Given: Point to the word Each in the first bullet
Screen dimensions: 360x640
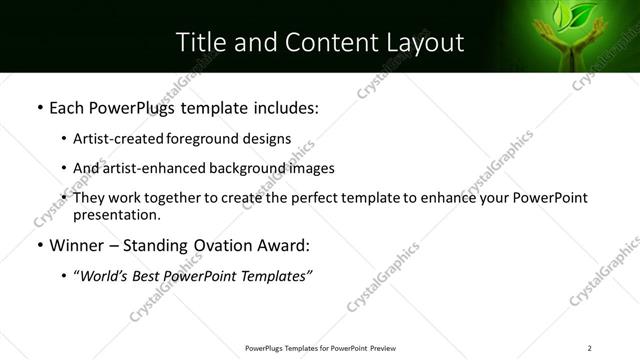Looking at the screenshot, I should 67,106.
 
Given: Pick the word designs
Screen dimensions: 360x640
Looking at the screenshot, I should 267,139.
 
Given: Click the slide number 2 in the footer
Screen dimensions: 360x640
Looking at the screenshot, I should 590,348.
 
